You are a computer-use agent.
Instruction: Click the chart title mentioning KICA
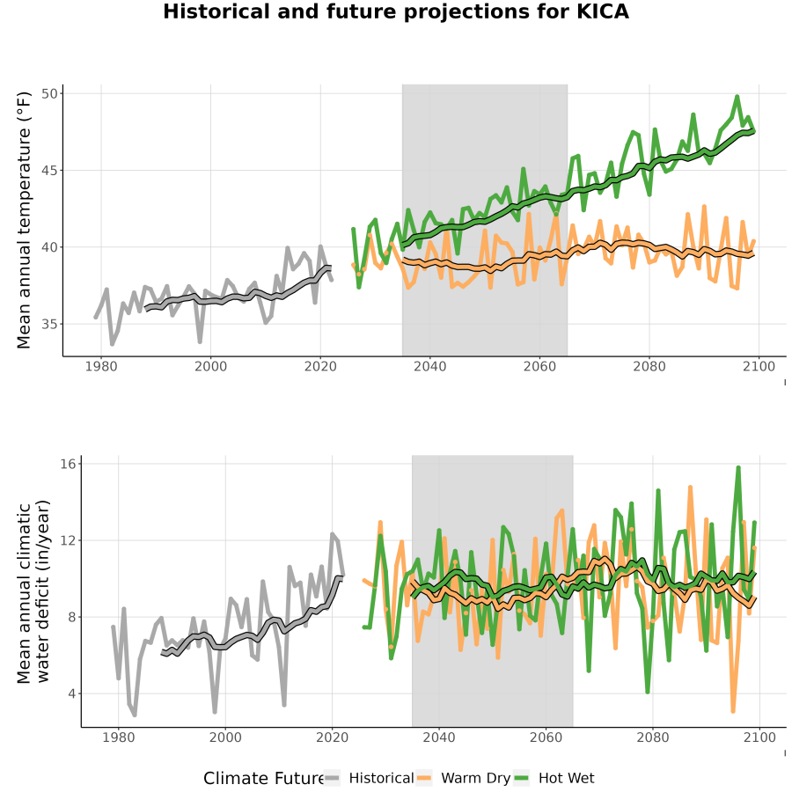395,11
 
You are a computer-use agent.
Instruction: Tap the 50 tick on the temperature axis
49,93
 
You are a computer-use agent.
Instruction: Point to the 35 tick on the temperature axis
49,324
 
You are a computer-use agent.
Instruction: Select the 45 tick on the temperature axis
49,170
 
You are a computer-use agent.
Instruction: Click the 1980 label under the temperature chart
101,366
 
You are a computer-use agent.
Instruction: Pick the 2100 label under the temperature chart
759,366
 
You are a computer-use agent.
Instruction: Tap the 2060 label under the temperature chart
539,366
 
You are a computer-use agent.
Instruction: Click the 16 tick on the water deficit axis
68,464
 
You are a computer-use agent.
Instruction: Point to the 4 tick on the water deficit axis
72,693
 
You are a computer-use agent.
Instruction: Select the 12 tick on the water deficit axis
68,540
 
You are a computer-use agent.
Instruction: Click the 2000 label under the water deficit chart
225,737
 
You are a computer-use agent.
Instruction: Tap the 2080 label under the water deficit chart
653,737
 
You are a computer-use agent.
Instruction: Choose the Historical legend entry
370,778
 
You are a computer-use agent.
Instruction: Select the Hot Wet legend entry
554,778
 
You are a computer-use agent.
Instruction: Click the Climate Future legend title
263,778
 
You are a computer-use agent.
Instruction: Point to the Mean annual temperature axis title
24,220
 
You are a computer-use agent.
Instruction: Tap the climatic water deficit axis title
33,591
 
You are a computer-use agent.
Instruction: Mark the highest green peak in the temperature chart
737,96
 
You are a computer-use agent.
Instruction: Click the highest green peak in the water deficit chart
738,468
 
